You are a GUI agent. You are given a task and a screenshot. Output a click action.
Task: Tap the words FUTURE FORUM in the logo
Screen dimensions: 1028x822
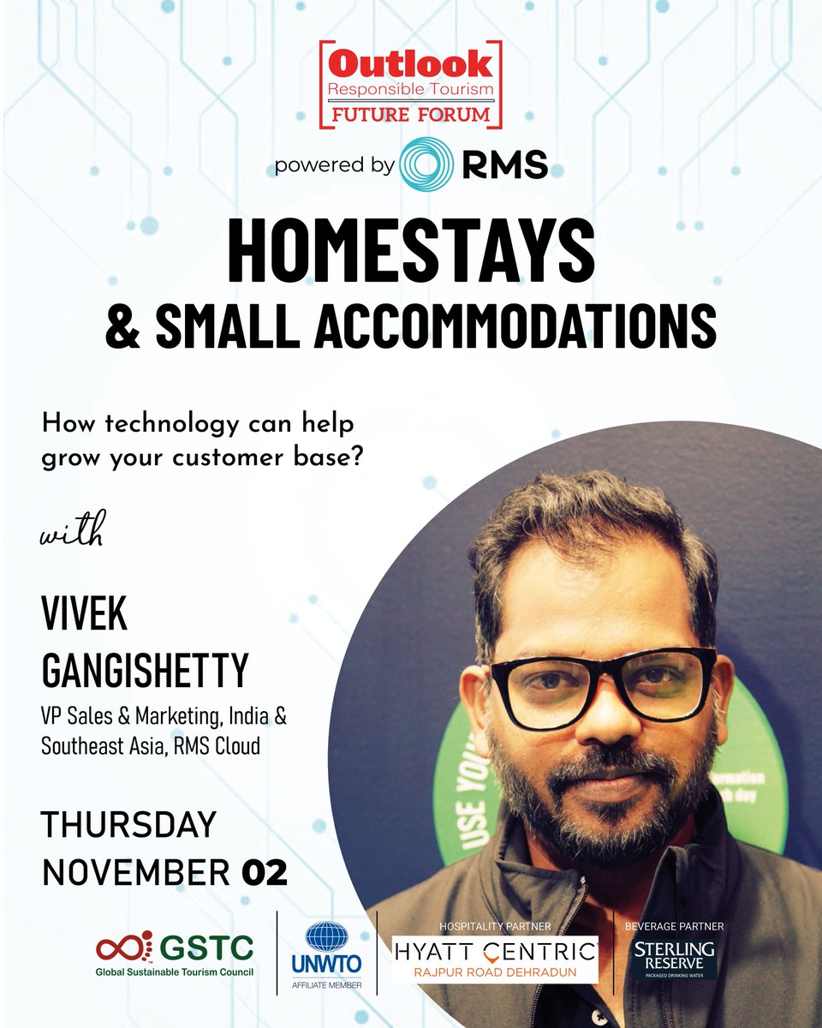click(410, 113)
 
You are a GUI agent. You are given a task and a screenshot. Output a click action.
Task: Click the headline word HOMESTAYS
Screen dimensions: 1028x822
click(411, 250)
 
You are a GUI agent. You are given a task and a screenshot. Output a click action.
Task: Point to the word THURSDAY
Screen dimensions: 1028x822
click(128, 824)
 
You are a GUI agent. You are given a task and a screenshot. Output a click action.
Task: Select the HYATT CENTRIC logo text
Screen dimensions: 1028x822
click(495, 949)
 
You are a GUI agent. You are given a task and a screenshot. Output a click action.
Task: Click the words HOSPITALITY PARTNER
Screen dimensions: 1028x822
click(496, 926)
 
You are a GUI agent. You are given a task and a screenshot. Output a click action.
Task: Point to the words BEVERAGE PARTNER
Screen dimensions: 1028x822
click(675, 926)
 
